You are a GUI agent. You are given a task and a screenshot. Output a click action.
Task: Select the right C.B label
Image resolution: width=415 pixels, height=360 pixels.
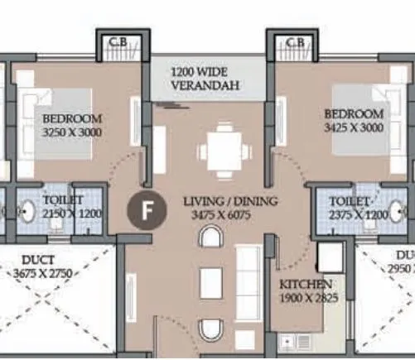click(296, 43)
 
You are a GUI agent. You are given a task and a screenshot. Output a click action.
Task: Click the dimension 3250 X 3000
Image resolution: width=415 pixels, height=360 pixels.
click(71, 132)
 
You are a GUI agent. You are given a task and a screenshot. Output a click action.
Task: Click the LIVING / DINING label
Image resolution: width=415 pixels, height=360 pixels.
click(230, 201)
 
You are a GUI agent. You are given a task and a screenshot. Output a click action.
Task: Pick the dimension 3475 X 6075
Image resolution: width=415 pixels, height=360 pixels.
click(220, 214)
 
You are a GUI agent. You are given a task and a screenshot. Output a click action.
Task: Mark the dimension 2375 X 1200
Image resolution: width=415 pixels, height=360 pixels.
click(356, 214)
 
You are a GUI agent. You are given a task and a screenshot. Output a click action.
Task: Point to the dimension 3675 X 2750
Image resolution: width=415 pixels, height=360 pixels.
click(41, 273)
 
